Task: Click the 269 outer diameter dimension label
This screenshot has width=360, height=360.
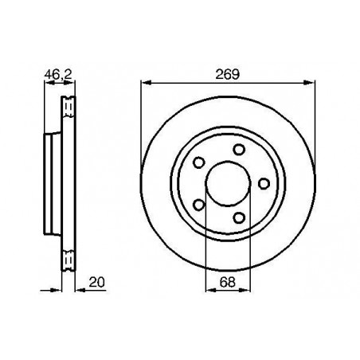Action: [227, 74]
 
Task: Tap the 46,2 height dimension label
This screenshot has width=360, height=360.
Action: [58, 74]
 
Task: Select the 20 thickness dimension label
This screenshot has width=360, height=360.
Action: [97, 282]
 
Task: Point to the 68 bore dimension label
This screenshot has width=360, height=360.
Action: [228, 282]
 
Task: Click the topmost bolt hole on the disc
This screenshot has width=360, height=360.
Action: [239, 150]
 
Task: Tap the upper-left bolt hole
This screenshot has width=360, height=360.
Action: [199, 162]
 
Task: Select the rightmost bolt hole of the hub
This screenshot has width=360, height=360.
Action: [264, 184]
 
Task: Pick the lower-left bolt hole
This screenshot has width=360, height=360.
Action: [199, 205]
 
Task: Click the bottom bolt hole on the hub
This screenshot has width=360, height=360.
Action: [239, 218]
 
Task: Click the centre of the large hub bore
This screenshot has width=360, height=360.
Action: [228, 183]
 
